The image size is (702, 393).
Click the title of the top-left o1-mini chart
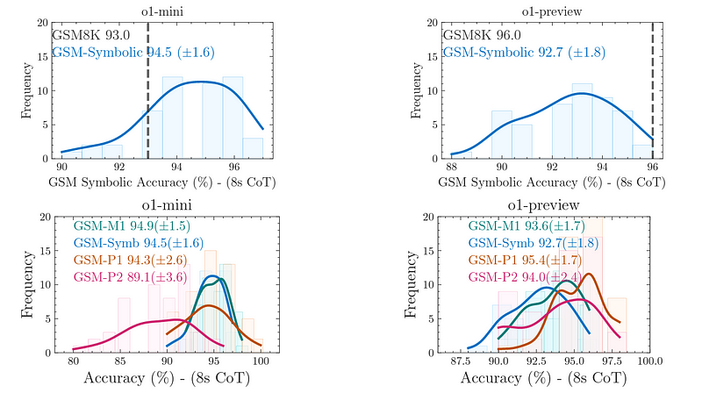click(161, 10)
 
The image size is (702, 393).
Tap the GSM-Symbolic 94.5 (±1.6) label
click(133, 53)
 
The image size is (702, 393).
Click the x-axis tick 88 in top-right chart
click(453, 167)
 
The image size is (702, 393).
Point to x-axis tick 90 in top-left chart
click(62, 167)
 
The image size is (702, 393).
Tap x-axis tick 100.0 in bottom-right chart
click(650, 361)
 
